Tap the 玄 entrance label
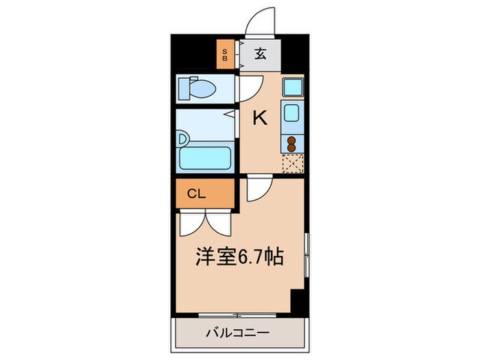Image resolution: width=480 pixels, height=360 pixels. pos(262,53)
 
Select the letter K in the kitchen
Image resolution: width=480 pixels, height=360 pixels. pos(260,119)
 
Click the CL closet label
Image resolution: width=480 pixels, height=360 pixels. pos(196,193)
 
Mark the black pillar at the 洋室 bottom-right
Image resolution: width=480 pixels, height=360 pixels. pos(298,299)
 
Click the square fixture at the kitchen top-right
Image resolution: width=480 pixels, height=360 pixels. pos(293,87)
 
